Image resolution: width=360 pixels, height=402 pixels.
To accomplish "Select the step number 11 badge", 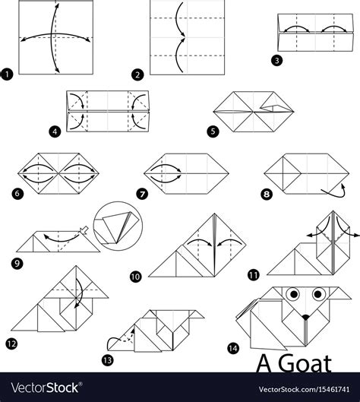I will pyautogui.click(x=251, y=274).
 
